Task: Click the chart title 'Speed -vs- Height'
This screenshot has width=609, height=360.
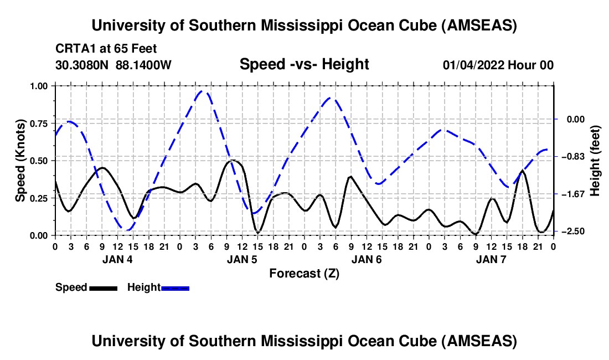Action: [304, 64]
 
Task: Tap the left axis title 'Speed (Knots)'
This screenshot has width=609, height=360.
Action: [20, 161]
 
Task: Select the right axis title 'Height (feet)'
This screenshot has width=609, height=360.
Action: [595, 161]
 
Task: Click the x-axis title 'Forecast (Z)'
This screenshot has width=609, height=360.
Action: [304, 273]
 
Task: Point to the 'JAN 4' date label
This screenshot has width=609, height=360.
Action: [117, 259]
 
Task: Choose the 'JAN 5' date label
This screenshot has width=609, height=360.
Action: [242, 259]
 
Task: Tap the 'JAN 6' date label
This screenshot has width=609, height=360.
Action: [367, 259]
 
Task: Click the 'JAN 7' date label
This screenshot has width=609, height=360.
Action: [491, 259]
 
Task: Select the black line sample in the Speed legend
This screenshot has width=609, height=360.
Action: [102, 287]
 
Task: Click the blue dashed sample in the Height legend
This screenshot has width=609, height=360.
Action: [175, 287]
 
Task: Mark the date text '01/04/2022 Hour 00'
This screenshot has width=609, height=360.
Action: [498, 65]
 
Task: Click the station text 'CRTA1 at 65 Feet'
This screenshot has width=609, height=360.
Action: [102, 49]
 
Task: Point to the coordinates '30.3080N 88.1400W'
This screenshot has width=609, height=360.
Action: [113, 65]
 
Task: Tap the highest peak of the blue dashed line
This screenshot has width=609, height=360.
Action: [203, 91]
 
